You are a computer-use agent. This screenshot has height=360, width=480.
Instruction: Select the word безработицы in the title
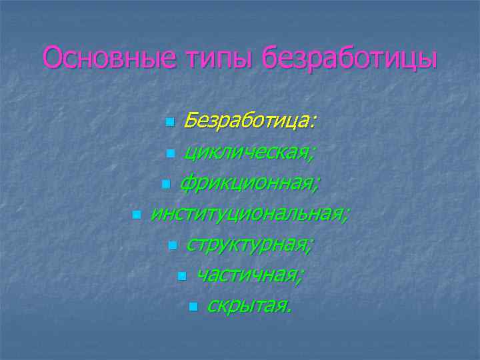coord(351,58)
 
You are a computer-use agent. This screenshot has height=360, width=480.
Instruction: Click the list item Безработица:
coord(251,121)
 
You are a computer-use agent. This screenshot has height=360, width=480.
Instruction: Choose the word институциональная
coord(249,213)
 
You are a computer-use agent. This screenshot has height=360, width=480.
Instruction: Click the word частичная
coord(251,275)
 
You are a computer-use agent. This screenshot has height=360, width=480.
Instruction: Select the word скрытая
coord(249,305)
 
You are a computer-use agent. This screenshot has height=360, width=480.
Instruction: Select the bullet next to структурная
coord(172,245)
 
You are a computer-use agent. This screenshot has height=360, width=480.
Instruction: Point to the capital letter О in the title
coord(53,58)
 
